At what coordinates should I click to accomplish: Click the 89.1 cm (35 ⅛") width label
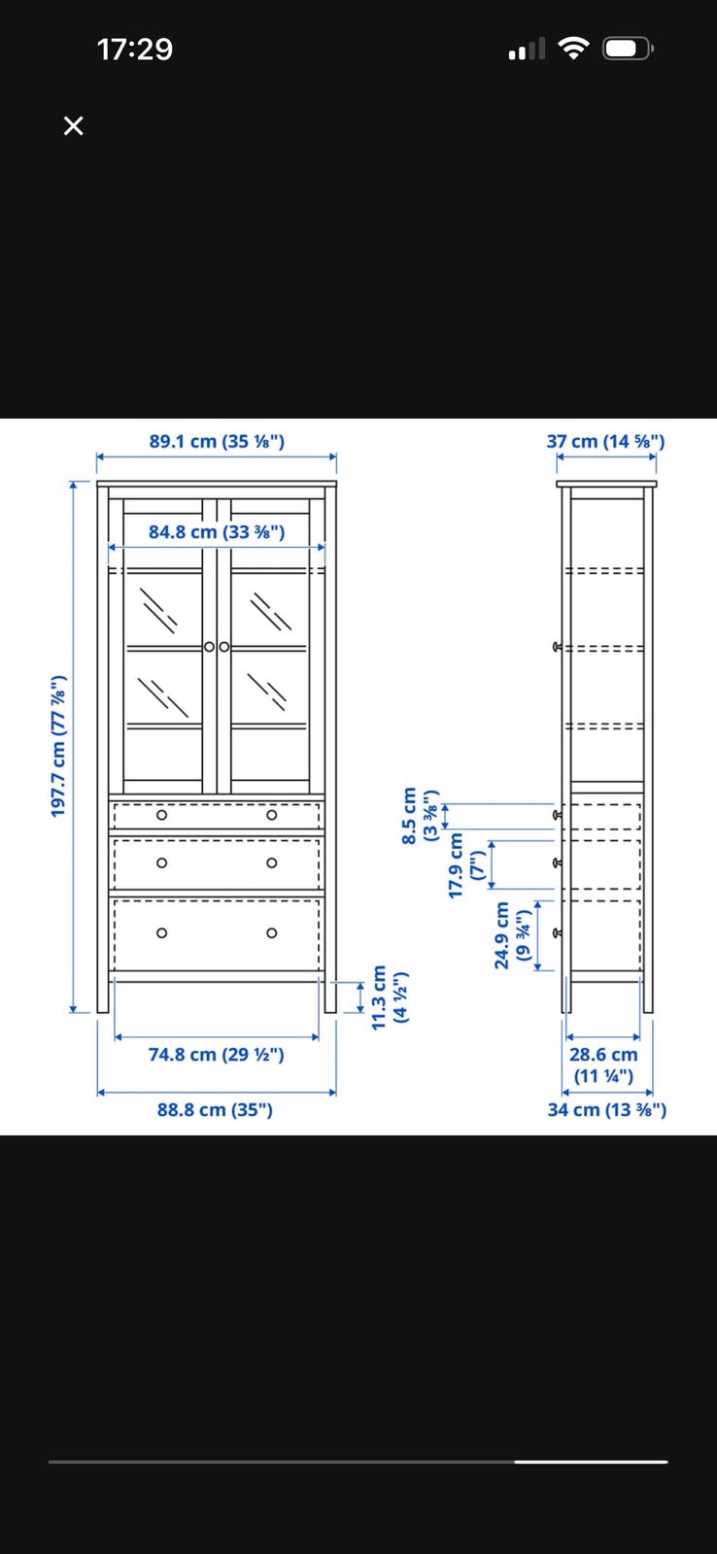click(217, 441)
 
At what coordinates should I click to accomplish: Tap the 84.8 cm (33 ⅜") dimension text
click(217, 532)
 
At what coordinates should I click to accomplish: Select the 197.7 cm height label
click(58, 746)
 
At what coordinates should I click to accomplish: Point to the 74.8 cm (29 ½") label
click(216, 1055)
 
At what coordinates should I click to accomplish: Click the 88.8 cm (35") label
click(215, 1110)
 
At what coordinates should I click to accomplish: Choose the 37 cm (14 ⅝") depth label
click(605, 441)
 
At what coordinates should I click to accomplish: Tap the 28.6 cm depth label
click(603, 1064)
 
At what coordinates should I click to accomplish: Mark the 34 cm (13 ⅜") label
click(606, 1110)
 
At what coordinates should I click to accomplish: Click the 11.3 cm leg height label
click(390, 997)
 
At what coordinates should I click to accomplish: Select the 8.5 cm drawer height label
click(420, 815)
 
